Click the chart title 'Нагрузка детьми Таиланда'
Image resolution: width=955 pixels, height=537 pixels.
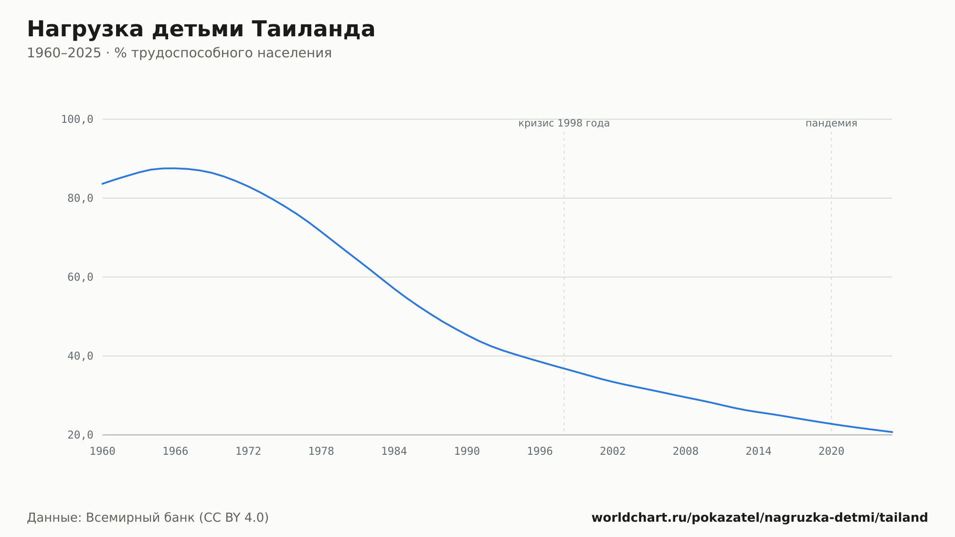(201, 29)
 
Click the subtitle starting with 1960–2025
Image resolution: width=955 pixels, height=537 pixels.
(179, 53)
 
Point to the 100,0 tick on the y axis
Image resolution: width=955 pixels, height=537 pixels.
(77, 119)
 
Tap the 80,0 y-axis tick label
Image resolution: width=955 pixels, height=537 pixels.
(80, 198)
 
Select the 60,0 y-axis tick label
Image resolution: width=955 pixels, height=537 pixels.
(80, 277)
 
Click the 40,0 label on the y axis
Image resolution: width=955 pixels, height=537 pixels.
(80, 356)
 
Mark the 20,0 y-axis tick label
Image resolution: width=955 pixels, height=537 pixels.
(80, 435)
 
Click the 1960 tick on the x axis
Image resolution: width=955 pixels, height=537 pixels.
(103, 451)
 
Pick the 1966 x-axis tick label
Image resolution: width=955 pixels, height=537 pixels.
(175, 451)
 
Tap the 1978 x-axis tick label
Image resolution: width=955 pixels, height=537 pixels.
(321, 451)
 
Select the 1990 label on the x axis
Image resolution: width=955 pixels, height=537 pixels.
(467, 451)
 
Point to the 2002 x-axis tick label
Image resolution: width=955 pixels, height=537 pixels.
(613, 451)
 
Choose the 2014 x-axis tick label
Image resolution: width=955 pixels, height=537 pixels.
(758, 451)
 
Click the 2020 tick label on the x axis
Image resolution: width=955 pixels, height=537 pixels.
(831, 451)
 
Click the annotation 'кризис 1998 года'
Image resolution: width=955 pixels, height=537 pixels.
(564, 123)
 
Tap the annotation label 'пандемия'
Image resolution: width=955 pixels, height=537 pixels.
(831, 123)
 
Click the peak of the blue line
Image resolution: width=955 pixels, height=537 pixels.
(170, 168)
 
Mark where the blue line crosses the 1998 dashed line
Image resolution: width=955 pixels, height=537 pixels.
(564, 368)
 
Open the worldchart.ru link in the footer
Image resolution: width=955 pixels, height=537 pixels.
(760, 517)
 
